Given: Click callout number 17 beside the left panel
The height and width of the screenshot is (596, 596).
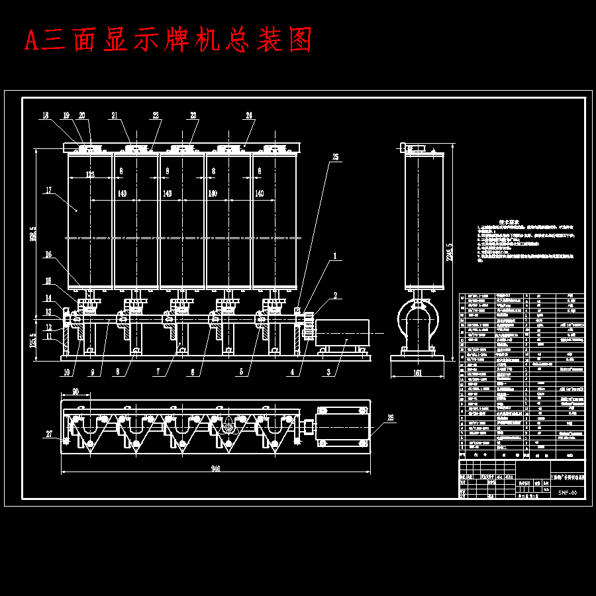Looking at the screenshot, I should [48, 191].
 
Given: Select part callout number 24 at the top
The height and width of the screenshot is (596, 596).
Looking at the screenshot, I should [249, 115].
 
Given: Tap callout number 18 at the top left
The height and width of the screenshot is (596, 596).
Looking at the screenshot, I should [45, 115].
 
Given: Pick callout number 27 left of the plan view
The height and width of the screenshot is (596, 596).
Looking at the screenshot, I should [48, 434].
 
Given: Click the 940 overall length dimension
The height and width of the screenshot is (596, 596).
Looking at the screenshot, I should [215, 469].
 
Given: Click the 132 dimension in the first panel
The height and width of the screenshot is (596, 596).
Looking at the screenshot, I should [90, 175].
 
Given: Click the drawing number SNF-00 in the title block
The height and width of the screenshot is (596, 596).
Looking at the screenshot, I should [568, 493].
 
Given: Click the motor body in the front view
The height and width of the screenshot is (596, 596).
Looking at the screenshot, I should [342, 332].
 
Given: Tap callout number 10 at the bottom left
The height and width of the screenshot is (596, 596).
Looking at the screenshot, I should [66, 373].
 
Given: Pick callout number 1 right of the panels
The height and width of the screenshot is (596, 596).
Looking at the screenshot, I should [335, 255].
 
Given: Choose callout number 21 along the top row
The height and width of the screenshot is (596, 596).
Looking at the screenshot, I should [114, 115].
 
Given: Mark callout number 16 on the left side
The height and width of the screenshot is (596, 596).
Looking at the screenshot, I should [48, 254].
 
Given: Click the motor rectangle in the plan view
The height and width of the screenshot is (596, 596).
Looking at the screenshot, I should [342, 427].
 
